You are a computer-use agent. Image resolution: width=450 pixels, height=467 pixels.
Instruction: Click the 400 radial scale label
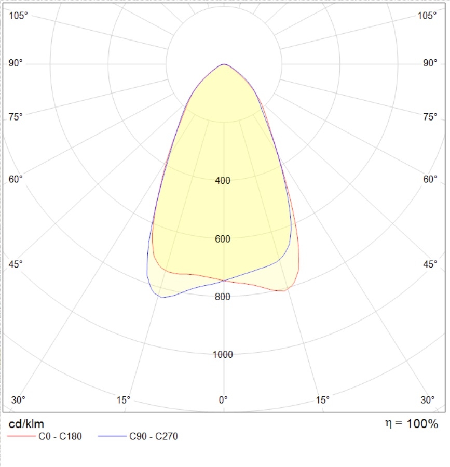point(223,181)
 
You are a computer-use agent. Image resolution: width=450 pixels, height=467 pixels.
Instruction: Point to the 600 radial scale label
point(223,239)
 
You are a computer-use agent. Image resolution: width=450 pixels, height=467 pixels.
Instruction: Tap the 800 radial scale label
point(223,297)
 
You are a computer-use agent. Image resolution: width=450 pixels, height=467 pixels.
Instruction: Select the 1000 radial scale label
point(223,355)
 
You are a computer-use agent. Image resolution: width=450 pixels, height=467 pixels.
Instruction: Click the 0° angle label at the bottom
point(223,400)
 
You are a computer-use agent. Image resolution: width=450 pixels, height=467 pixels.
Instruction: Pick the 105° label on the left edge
point(19,16)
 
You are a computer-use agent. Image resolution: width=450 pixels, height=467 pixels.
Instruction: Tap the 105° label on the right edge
point(427,16)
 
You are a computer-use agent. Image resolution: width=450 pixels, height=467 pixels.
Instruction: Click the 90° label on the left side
point(16,63)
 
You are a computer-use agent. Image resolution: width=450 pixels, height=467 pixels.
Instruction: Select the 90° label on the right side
point(430,63)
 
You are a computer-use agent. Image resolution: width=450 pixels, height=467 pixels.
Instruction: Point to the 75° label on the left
point(16,116)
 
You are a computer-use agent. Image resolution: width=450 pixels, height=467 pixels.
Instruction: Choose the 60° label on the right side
point(430,179)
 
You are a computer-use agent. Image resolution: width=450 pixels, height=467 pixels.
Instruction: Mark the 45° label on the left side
point(16,264)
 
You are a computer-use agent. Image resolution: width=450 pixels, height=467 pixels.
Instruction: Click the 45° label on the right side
point(430,264)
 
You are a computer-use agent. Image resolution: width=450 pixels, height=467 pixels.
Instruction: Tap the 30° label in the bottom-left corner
point(18,400)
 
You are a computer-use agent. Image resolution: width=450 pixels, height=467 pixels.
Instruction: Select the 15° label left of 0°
point(124,400)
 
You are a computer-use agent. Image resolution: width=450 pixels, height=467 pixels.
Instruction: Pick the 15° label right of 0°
point(323,400)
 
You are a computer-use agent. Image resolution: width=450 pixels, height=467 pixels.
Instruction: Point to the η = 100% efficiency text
point(411,424)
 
